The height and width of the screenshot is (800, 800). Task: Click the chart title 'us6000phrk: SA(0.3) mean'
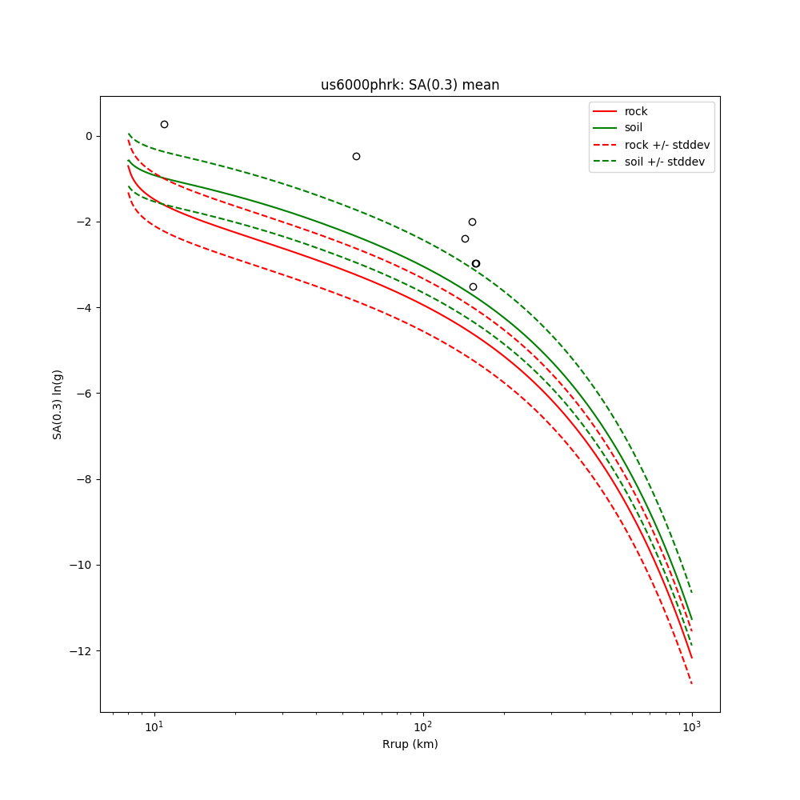coord(410,85)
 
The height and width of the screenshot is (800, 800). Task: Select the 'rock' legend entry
coord(636,111)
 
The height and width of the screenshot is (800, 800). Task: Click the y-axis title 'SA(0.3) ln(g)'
coord(58,404)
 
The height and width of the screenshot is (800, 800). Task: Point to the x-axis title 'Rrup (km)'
coord(410,744)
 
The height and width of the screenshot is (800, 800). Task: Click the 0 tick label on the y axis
coord(89,136)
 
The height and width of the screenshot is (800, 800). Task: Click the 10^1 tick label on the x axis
coord(154,727)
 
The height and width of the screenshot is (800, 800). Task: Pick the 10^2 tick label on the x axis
coord(423,727)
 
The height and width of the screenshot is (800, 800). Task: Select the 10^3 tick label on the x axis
coord(691,727)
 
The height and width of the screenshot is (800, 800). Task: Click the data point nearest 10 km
coord(164,124)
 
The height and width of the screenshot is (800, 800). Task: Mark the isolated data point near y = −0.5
coord(356,156)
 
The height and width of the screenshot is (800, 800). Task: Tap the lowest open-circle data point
coord(473,286)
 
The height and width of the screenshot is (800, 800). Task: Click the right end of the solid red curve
coord(691,658)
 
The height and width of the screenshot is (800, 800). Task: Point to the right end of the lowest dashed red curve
coord(691,683)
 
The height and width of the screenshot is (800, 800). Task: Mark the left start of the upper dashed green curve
coord(129,134)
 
